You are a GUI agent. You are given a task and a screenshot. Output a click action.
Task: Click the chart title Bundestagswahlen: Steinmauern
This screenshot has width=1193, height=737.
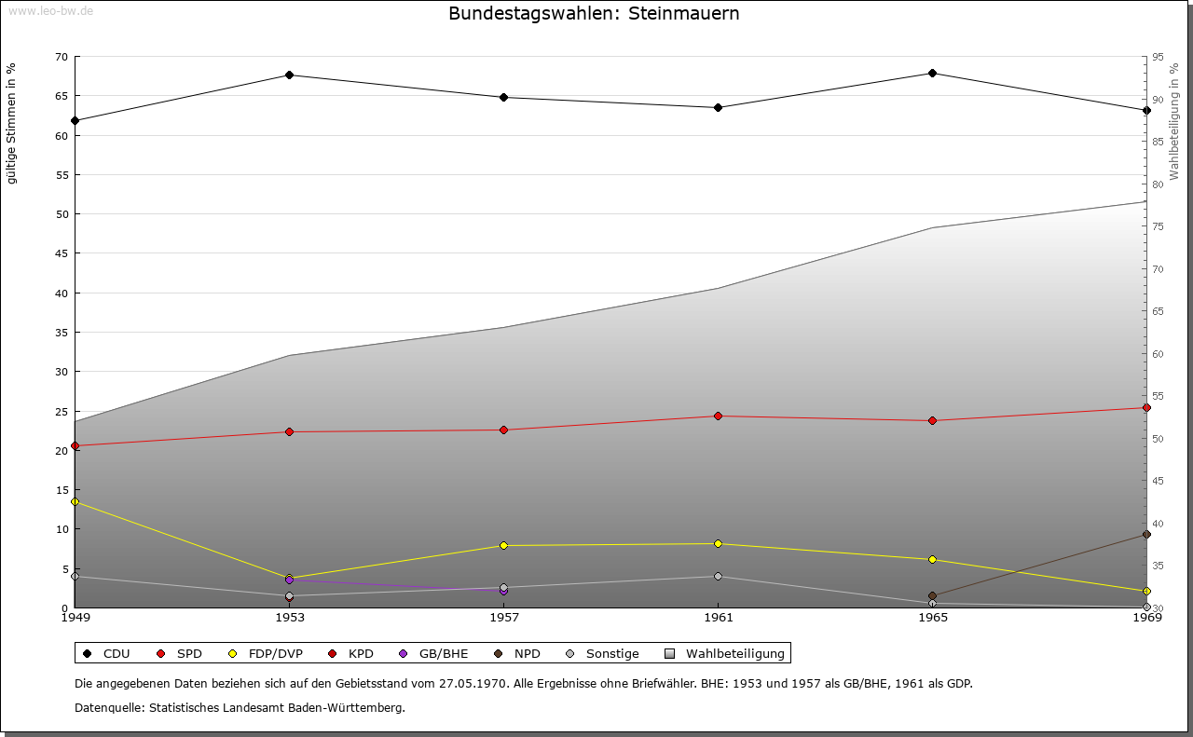594,14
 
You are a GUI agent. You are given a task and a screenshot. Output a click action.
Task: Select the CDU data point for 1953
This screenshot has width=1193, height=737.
290,75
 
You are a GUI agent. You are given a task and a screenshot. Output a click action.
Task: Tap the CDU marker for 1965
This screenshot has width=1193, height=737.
932,73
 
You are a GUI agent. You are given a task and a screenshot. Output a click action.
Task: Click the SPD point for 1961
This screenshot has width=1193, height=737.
718,416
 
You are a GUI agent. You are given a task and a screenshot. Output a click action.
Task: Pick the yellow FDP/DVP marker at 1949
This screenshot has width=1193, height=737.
75,501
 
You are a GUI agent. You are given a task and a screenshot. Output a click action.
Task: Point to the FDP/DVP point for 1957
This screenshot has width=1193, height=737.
503,545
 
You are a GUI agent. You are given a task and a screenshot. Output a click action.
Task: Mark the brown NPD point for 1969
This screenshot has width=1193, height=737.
1146,534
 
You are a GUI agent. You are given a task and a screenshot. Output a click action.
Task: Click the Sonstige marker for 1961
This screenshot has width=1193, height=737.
718,576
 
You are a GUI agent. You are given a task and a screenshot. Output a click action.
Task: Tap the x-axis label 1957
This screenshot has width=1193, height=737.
503,617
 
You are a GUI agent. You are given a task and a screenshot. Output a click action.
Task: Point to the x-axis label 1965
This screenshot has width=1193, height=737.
932,617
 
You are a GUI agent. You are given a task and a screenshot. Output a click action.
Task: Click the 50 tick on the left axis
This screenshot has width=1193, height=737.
61,214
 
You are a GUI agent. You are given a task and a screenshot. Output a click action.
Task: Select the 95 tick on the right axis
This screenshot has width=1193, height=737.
1158,57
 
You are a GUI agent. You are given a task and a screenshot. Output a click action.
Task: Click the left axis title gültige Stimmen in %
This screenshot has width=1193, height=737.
12,123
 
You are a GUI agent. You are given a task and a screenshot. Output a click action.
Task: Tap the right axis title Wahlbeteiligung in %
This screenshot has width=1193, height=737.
1174,121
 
